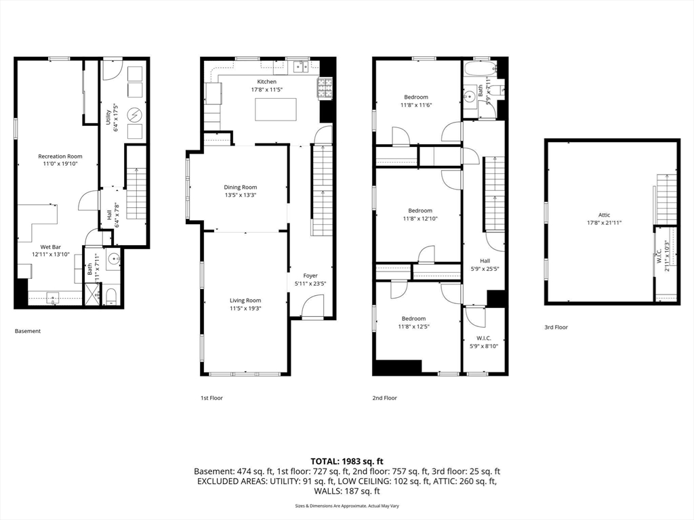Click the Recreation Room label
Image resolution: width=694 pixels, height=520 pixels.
[x=60, y=156]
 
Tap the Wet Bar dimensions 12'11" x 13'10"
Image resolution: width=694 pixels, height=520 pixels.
[x=52, y=254]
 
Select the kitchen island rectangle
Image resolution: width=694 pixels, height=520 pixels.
[x=275, y=109]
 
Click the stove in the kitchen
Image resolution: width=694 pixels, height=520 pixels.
[x=325, y=86]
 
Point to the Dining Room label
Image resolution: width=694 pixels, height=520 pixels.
[x=241, y=188]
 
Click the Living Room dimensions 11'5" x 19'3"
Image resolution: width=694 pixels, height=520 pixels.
[x=245, y=308]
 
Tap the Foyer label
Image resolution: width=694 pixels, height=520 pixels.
[x=310, y=276]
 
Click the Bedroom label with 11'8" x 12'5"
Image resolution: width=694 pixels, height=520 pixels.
[x=413, y=319]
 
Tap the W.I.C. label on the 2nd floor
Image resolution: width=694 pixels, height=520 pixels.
[x=484, y=338]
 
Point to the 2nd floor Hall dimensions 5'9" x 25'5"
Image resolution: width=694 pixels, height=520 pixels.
[x=484, y=268]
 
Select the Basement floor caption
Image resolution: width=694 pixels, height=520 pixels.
[x=28, y=331]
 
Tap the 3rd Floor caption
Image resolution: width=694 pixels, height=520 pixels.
[x=556, y=327]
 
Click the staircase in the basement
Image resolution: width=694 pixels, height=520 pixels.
[x=136, y=194]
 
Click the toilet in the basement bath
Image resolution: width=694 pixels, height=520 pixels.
[x=112, y=296]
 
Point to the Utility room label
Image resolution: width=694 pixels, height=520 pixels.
[x=108, y=118]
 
